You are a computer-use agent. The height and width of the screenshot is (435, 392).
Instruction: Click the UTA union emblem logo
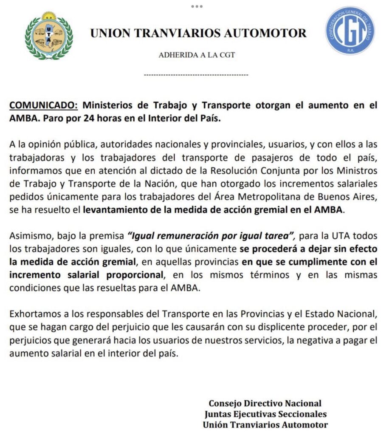pos(48,36)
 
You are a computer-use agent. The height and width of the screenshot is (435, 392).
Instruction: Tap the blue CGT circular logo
pos(350,31)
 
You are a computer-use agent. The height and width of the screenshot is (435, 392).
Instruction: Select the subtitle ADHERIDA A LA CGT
pos(197,55)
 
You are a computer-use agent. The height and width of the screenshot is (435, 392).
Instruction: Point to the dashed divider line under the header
pos(196,75)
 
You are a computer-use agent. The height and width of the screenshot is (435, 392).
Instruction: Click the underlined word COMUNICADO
pos(43,105)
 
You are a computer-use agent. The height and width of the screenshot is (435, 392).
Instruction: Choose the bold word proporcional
pos(132,274)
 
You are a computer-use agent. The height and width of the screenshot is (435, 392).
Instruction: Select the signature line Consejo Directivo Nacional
pos(265,403)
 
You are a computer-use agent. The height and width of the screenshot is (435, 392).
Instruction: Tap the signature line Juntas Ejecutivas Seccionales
pos(265,414)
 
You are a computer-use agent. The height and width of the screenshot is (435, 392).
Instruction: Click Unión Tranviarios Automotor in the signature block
pos(265,424)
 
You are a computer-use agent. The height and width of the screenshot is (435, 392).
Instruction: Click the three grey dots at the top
pos(197,6)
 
